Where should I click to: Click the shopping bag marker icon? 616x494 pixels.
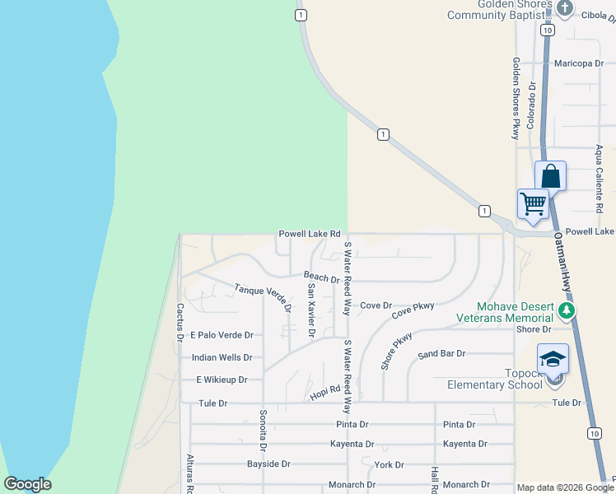(550, 176)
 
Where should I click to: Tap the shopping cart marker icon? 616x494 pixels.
(533, 203)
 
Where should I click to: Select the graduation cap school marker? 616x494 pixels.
(553, 359)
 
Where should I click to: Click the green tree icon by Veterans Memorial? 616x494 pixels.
(565, 311)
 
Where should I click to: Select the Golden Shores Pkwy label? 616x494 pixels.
(516, 98)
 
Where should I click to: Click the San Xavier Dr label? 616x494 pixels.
(311, 310)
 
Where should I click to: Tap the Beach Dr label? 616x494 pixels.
(321, 278)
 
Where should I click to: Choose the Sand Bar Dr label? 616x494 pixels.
(441, 354)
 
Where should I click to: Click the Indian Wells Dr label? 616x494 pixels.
(222, 358)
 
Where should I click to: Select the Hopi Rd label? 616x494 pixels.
(325, 394)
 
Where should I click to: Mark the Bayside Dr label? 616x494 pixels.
(268, 464)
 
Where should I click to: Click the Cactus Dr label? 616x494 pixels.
(180, 322)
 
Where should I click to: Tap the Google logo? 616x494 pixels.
(27, 484)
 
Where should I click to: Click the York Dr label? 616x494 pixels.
(388, 465)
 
